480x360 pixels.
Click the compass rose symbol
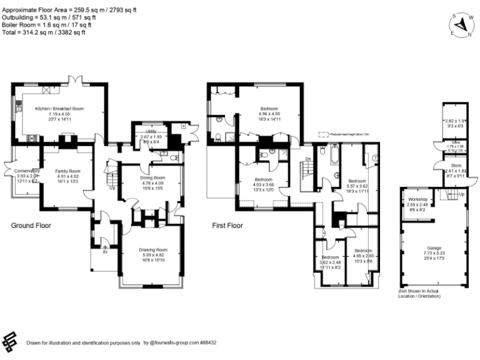pos(462,24)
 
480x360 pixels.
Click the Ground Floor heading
pos(31,225)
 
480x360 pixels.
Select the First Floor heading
pos(228,225)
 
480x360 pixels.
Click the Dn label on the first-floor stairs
pos(307,159)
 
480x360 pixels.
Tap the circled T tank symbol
pos(375,159)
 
